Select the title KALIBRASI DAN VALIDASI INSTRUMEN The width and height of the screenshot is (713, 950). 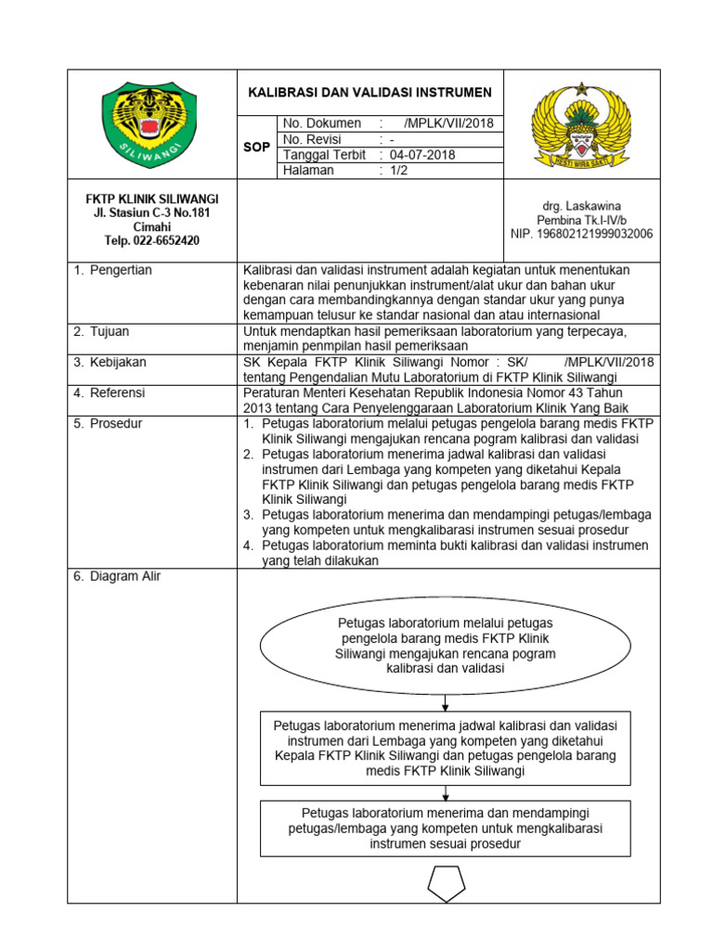coord(369,93)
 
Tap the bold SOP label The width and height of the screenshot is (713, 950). coord(255,147)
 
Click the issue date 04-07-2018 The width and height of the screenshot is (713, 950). coord(422,155)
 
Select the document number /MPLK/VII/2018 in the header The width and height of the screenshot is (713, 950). coord(449,123)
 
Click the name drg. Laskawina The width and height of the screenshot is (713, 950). coord(581,205)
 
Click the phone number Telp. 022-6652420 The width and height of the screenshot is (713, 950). coord(151,241)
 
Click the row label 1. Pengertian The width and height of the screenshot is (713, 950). coord(112,270)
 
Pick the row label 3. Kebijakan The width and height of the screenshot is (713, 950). coord(110,362)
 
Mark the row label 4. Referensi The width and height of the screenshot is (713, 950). coord(110,393)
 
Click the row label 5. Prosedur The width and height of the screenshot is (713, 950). coord(108,424)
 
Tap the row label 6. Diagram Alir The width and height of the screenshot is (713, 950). coord(117,576)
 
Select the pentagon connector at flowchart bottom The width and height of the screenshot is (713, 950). coord(446,882)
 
